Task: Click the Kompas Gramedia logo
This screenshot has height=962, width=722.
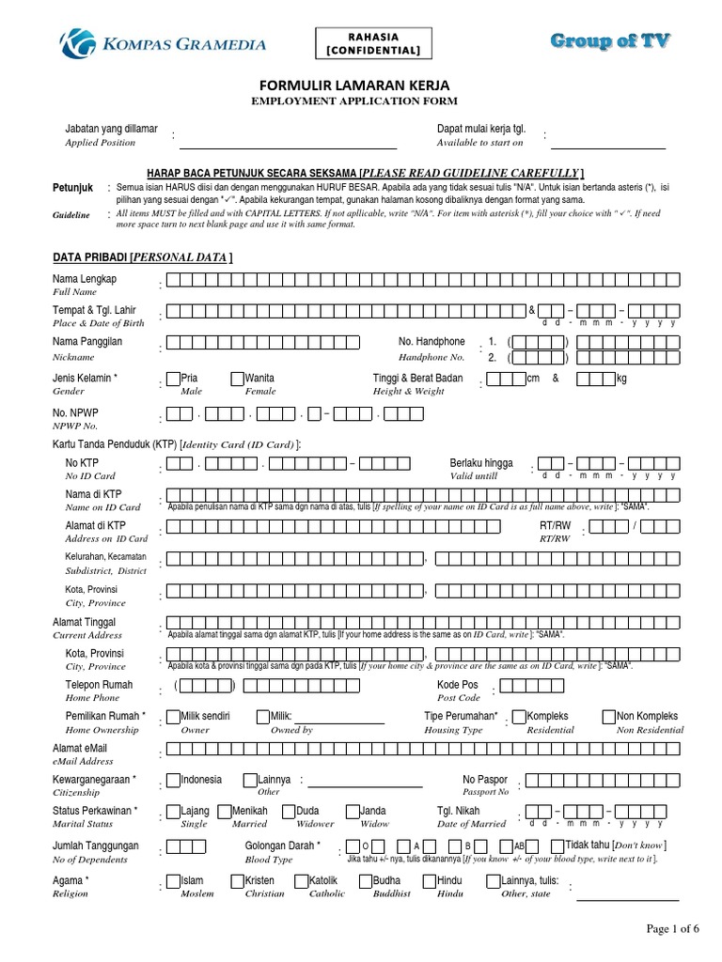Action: click(162, 43)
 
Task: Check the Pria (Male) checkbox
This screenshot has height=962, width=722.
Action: click(174, 380)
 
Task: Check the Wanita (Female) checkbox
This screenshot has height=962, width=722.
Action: click(238, 380)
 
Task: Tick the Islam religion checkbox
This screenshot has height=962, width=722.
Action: click(174, 882)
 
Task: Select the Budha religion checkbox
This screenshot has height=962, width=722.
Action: click(366, 882)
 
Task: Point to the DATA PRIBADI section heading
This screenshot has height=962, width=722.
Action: click(143, 257)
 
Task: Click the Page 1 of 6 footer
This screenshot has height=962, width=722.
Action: click(673, 929)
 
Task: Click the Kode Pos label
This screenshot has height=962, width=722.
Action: click(458, 685)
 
